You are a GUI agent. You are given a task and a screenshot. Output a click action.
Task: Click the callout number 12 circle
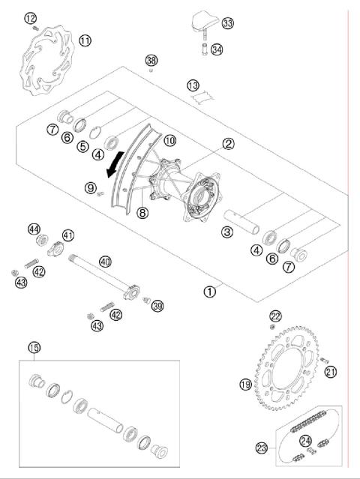30,17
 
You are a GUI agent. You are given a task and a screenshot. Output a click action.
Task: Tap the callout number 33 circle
227,23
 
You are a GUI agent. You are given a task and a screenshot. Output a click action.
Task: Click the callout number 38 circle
152,60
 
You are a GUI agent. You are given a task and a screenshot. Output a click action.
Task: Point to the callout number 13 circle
193,85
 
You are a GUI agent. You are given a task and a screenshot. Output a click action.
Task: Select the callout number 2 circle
227,144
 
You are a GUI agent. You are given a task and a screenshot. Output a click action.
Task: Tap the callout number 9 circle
91,187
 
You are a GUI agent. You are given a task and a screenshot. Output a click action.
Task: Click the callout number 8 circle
142,213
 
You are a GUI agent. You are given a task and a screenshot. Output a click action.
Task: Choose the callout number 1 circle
211,289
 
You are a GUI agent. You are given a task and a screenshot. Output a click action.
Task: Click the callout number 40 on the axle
105,262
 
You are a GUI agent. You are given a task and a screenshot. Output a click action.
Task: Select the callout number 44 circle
34,229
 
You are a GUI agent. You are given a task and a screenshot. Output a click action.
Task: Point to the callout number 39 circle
157,304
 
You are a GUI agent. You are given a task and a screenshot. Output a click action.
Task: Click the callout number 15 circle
33,347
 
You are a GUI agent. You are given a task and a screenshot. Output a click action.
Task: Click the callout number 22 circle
275,316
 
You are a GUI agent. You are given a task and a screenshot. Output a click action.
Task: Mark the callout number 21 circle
331,371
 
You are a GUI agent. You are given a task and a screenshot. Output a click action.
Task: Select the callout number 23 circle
262,448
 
